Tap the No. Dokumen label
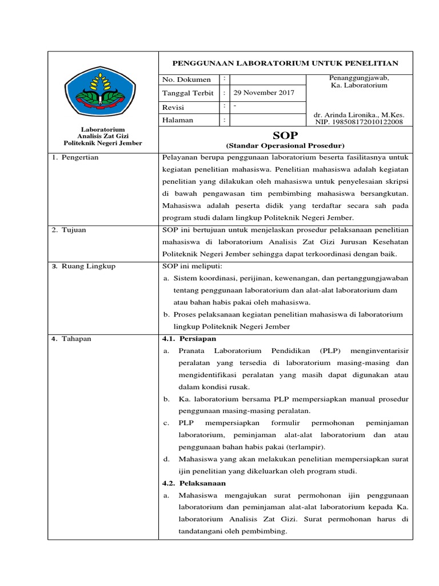coord(186,80)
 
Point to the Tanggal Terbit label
coord(188,93)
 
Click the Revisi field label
coord(174,106)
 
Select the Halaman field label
coord(178,120)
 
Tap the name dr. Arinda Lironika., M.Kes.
coord(360,114)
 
